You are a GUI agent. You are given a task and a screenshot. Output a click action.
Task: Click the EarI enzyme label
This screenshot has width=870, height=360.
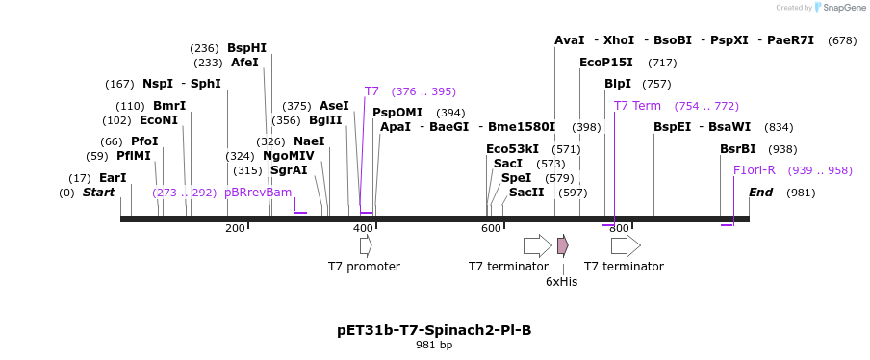point(113,178)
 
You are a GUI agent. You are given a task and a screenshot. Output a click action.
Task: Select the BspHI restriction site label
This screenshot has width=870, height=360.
point(246,48)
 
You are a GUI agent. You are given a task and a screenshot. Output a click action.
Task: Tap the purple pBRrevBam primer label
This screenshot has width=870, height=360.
point(257,193)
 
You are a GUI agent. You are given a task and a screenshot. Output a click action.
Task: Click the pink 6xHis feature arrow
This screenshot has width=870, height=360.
point(562,245)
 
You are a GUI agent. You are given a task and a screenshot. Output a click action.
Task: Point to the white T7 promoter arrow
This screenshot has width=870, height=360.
point(366,245)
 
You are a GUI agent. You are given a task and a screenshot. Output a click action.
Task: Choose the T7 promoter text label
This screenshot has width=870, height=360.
point(364,267)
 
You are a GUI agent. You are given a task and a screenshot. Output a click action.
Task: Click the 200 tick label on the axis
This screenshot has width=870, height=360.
point(235,228)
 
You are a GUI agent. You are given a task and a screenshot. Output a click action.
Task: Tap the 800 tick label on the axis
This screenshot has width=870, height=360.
point(619,228)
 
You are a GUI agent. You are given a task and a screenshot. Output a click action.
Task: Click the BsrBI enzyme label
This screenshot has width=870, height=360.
point(738,149)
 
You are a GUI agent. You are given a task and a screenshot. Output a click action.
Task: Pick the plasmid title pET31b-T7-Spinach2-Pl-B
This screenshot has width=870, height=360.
point(434,330)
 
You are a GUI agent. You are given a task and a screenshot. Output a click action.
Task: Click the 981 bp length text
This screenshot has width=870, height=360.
point(434,345)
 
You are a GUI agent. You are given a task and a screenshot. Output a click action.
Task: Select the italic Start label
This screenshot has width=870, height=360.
point(98,193)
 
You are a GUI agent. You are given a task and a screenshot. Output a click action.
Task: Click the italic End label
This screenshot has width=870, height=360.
point(760,193)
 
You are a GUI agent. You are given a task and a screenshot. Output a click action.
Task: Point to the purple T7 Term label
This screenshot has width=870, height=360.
point(637,106)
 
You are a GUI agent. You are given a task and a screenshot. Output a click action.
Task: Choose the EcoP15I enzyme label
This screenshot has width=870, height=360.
point(606,63)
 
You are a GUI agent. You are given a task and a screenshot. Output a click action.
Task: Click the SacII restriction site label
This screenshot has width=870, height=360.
point(526,193)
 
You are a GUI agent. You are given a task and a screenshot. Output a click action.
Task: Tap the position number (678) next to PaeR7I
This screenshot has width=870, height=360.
point(842,40)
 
